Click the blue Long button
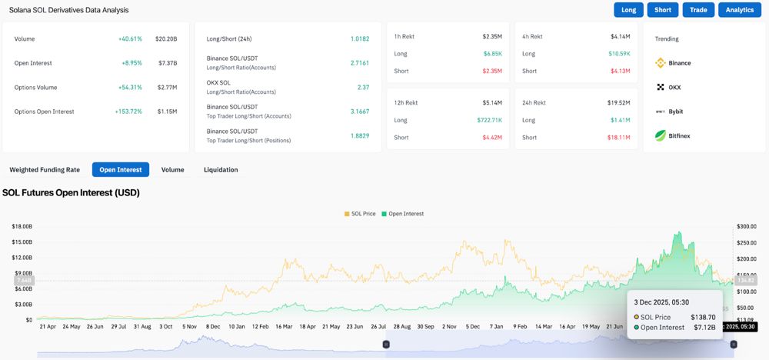[x=628, y=10]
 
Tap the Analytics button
[x=740, y=10]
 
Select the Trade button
[x=698, y=10]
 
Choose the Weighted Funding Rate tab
[x=45, y=169]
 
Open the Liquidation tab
[x=221, y=169]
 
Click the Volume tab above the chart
[x=172, y=169]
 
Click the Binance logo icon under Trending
[x=660, y=63]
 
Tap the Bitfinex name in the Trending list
[x=679, y=135]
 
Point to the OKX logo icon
[x=660, y=87]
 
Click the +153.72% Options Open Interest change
[x=128, y=112]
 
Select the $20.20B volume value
[x=166, y=38]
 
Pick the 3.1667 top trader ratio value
[x=358, y=112]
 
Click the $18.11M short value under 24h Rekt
[x=618, y=137]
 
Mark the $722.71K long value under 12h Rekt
[x=488, y=120]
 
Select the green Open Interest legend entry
[x=402, y=213]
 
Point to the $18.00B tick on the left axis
[x=22, y=226]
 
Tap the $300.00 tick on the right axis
[x=746, y=226]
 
